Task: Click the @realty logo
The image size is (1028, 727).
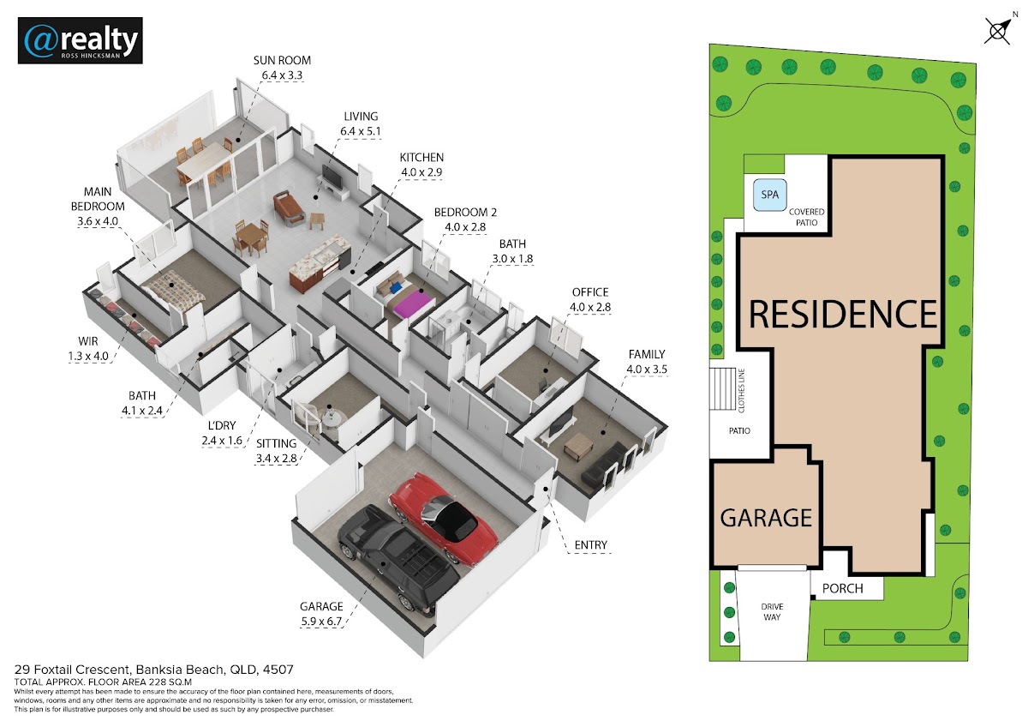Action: pos(81,40)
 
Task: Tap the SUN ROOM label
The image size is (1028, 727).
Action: pos(282,60)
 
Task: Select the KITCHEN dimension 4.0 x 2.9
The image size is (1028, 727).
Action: pos(421,172)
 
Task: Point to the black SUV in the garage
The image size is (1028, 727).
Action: pos(398,559)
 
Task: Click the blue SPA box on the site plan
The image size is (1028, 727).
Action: pos(769,195)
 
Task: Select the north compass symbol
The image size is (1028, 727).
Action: pos(997,31)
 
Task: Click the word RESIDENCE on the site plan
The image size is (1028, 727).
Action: pos(843,314)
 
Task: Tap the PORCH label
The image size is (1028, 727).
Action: pos(842,588)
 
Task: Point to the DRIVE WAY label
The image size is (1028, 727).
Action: pos(772,612)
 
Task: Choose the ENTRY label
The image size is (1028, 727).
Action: pos(590,544)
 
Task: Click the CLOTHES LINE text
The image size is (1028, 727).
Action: pos(742,390)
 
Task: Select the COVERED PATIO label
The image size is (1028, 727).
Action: pos(806,217)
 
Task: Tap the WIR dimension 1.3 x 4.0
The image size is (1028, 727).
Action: pos(88,356)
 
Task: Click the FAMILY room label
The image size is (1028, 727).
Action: pos(647,354)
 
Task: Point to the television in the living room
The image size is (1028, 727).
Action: pos(332,177)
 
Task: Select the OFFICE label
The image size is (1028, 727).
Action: pos(590,292)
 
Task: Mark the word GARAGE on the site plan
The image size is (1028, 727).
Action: pos(766,518)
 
